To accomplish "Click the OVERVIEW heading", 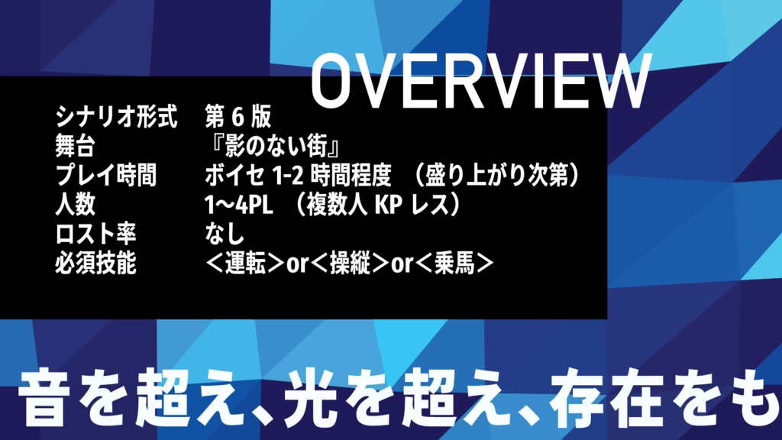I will pyautogui.click(x=481, y=82).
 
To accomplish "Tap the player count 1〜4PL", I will pyautogui.click(x=234, y=205).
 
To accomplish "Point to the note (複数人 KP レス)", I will pyautogui.click(x=376, y=205).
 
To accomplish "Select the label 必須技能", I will pyautogui.click(x=95, y=264).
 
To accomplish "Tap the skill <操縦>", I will pyautogui.click(x=349, y=264).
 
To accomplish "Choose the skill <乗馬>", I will pyautogui.click(x=455, y=264).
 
